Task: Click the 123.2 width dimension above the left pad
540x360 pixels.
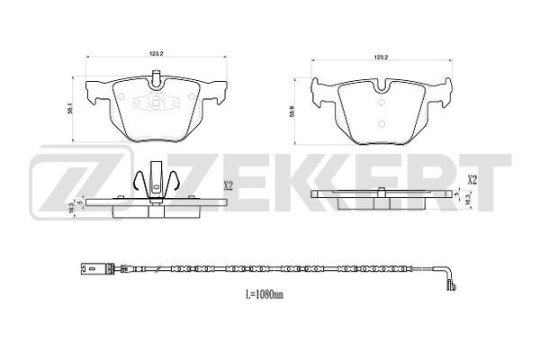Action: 156,53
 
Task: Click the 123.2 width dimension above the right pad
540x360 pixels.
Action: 382,58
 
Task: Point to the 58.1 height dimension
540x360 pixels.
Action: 69,110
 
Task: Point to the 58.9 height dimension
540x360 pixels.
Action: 292,112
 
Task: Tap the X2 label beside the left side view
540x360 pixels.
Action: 229,186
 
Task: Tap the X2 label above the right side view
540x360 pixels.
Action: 472,180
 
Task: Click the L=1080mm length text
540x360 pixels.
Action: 265,294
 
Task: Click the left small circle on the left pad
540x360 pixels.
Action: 121,97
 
